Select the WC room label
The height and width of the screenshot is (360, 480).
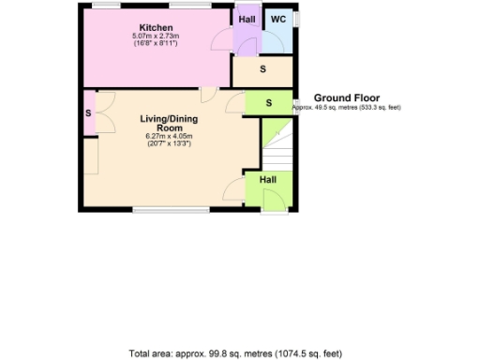coord(278,19)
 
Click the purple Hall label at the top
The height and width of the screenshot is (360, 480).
coord(247,19)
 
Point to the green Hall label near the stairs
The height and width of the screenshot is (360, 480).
coord(267,178)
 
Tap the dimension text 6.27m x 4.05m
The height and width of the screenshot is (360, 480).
coord(162,137)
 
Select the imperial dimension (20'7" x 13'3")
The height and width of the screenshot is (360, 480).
coord(162,144)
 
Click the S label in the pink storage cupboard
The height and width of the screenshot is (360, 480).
coord(88,112)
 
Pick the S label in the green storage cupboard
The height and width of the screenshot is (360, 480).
coord(268,102)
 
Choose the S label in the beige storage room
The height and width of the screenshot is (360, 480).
coord(262,70)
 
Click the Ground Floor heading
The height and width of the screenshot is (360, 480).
coord(346,97)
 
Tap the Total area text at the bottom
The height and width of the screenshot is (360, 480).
coord(235,353)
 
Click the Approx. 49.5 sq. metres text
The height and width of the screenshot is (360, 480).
coord(347,108)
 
